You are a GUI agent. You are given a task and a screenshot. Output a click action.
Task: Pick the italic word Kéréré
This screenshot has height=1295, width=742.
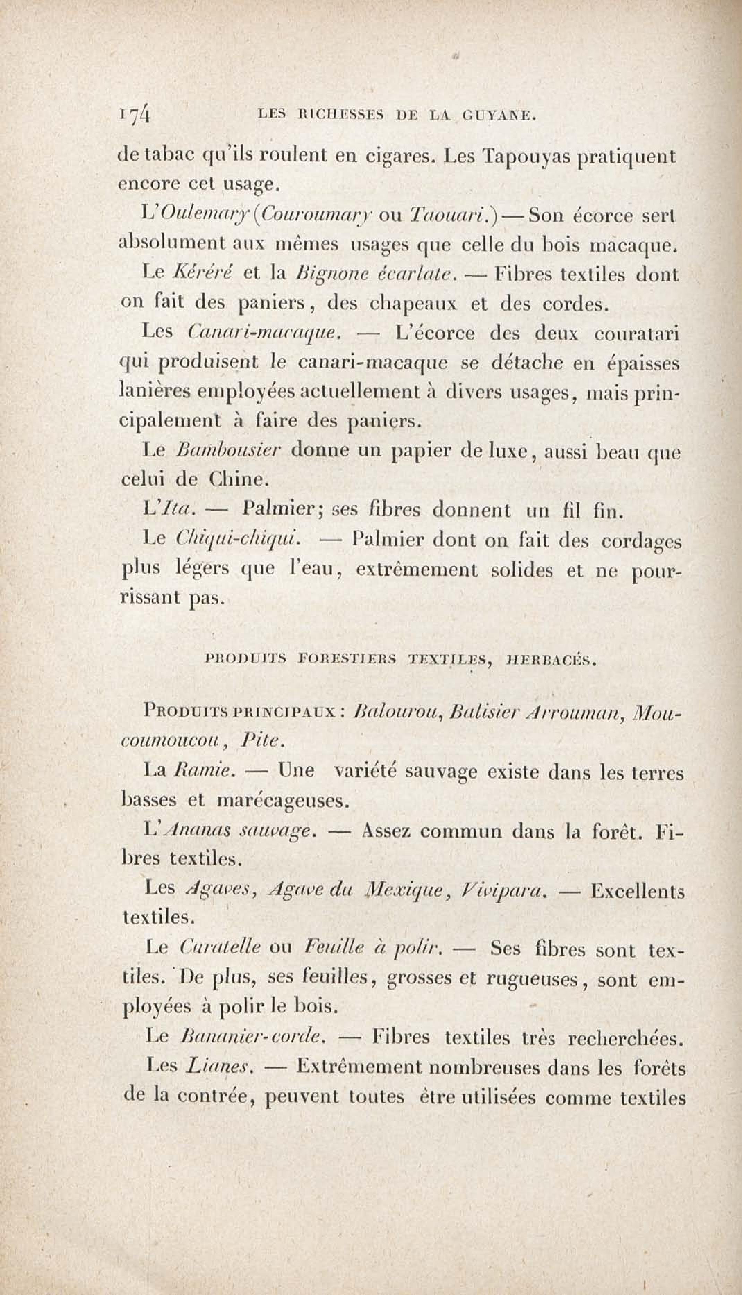point(202,275)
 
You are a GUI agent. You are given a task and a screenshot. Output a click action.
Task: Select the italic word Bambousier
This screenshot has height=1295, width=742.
point(228,451)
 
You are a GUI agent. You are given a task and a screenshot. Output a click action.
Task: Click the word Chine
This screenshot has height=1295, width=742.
point(234,479)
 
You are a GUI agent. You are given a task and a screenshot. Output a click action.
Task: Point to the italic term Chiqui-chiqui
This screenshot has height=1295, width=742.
point(237,540)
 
